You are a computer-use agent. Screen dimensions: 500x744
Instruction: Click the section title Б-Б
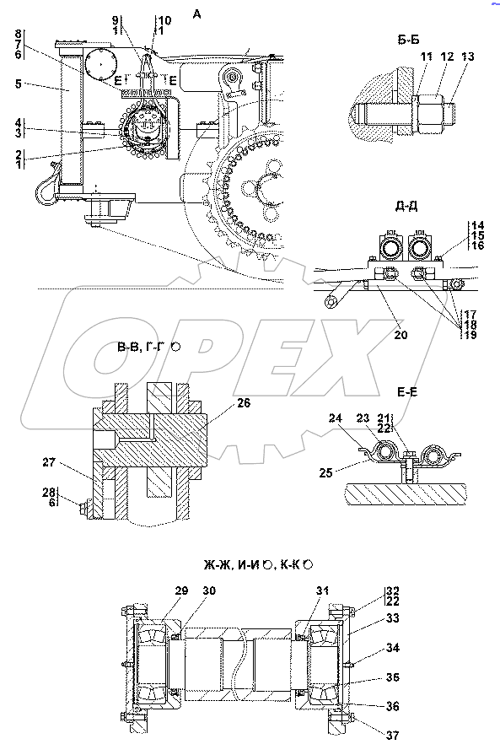(x=408, y=40)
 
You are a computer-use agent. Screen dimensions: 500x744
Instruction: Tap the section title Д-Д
(x=406, y=207)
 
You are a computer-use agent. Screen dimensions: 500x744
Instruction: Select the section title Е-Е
(x=407, y=392)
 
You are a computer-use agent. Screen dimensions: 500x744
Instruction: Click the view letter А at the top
(x=196, y=14)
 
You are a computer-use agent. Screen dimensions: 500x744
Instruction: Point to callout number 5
(x=19, y=84)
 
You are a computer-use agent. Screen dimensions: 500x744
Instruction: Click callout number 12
(x=446, y=57)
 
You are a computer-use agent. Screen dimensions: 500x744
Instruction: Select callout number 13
(x=467, y=57)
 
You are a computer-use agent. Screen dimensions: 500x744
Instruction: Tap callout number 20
(x=401, y=335)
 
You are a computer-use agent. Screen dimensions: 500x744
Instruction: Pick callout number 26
(x=244, y=403)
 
